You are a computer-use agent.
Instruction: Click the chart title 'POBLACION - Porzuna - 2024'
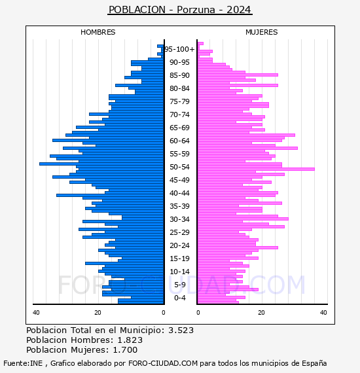(179, 10)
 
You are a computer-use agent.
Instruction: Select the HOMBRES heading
(98, 32)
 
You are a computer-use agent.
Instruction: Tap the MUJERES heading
(262, 32)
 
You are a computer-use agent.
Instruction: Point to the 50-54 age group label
(179, 167)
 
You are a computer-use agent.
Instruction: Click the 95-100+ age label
(179, 49)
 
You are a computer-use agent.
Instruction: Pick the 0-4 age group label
(179, 298)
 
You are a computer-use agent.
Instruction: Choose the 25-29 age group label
(179, 232)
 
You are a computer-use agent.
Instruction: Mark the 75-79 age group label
(179, 101)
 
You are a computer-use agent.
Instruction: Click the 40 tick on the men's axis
(36, 313)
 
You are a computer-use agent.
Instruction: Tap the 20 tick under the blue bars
(98, 313)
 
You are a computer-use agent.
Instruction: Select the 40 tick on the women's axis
(323, 313)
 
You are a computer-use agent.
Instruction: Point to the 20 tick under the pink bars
(262, 313)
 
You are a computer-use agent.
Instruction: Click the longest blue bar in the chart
(101, 164)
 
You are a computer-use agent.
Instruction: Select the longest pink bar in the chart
(257, 169)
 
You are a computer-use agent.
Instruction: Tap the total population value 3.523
(181, 330)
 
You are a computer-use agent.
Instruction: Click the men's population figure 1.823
(130, 340)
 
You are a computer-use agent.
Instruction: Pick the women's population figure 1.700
(125, 350)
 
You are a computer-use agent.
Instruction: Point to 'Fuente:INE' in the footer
(23, 363)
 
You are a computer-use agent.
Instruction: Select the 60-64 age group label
(179, 141)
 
